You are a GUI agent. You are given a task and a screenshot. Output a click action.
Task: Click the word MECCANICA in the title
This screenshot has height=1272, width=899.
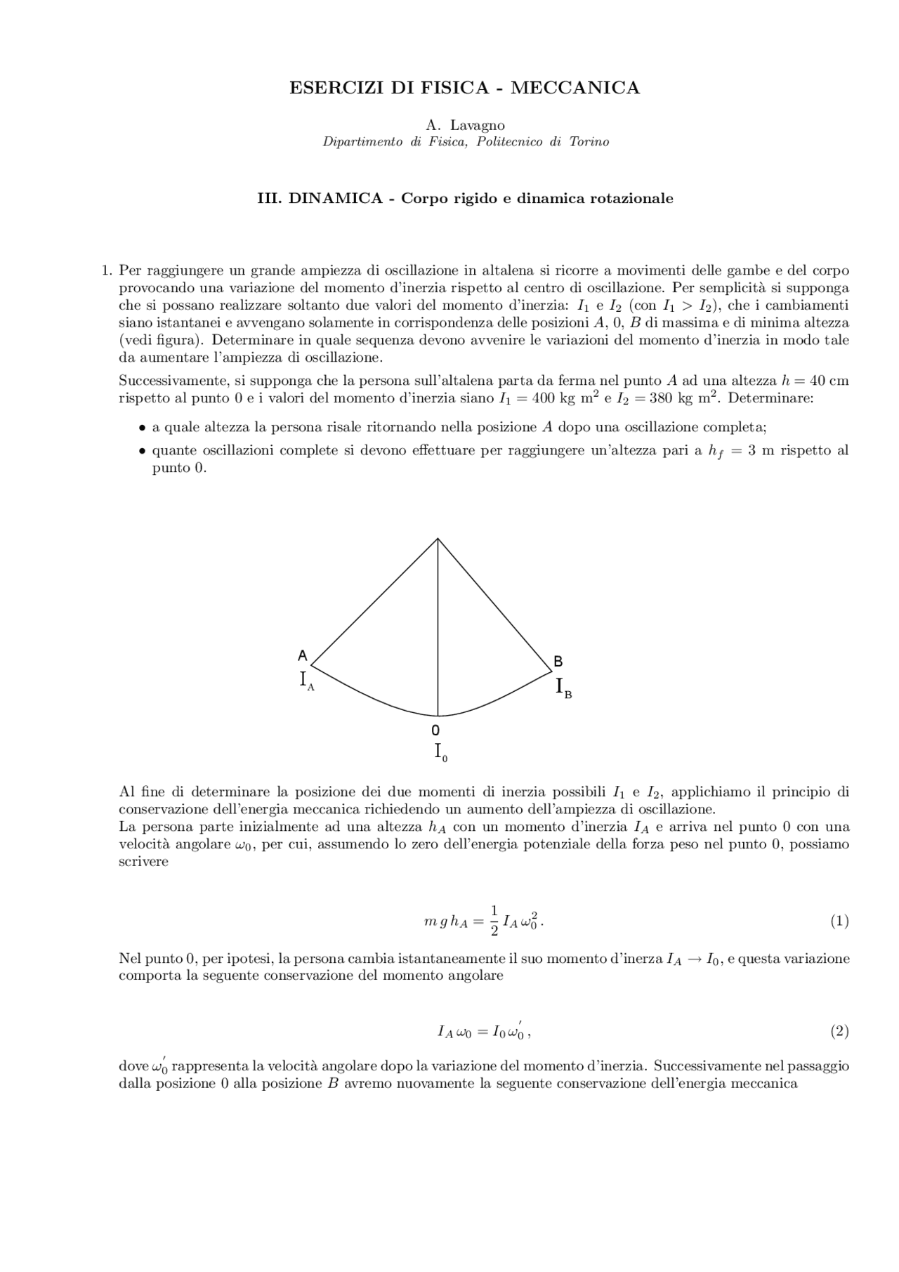(x=575, y=88)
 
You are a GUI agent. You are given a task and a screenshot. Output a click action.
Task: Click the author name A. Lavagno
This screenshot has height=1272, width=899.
(x=465, y=125)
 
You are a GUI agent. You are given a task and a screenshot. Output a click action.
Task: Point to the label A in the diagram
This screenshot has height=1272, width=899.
(x=303, y=655)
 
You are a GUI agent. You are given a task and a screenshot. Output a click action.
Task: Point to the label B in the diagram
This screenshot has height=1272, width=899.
(x=558, y=661)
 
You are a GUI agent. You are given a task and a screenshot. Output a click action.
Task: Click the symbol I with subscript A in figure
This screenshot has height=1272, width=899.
(x=306, y=681)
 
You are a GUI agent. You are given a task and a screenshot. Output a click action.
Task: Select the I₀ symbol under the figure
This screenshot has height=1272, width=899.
(x=440, y=752)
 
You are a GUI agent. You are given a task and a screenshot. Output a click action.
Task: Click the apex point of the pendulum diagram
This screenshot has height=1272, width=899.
(x=438, y=539)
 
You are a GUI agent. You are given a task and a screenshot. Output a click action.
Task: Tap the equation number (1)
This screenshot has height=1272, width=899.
(x=839, y=921)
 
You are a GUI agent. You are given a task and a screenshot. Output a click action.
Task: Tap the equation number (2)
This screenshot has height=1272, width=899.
(x=839, y=1031)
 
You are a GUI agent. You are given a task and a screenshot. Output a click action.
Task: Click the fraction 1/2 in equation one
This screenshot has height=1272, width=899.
(x=494, y=921)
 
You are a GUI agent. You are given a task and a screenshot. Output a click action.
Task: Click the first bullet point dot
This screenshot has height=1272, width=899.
(x=142, y=427)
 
